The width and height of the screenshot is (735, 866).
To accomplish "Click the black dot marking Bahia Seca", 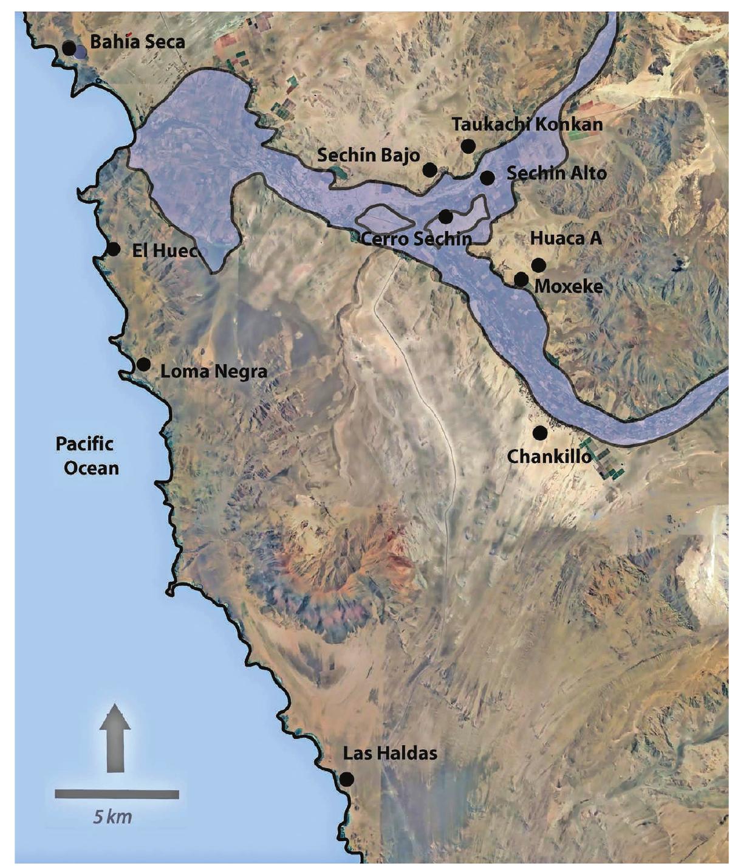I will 69,47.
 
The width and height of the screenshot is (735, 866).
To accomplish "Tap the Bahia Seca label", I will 137,42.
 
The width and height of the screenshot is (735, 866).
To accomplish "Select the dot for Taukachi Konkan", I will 468,146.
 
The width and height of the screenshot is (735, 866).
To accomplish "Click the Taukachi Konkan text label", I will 527,125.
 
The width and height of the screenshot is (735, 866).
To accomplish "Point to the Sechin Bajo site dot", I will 429,170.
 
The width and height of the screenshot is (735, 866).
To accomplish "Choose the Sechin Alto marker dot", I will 487,177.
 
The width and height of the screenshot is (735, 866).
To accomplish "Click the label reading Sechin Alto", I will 556,173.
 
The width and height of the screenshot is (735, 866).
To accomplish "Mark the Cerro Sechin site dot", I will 446,216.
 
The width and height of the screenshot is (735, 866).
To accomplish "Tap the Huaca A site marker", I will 538,265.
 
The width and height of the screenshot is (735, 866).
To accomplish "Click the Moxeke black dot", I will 521,280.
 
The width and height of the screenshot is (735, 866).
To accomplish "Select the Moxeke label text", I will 569,286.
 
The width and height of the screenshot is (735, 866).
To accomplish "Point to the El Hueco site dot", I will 113,249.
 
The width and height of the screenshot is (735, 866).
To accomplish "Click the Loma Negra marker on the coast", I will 143,364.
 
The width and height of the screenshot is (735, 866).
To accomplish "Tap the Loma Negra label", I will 214,371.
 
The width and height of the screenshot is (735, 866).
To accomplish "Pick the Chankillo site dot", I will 539,432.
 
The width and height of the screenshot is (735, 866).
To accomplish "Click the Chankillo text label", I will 549,456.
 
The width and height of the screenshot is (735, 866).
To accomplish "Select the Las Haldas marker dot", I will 347,779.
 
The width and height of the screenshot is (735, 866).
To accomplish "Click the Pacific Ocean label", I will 86,456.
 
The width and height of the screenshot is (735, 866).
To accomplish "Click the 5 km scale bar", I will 117,794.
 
